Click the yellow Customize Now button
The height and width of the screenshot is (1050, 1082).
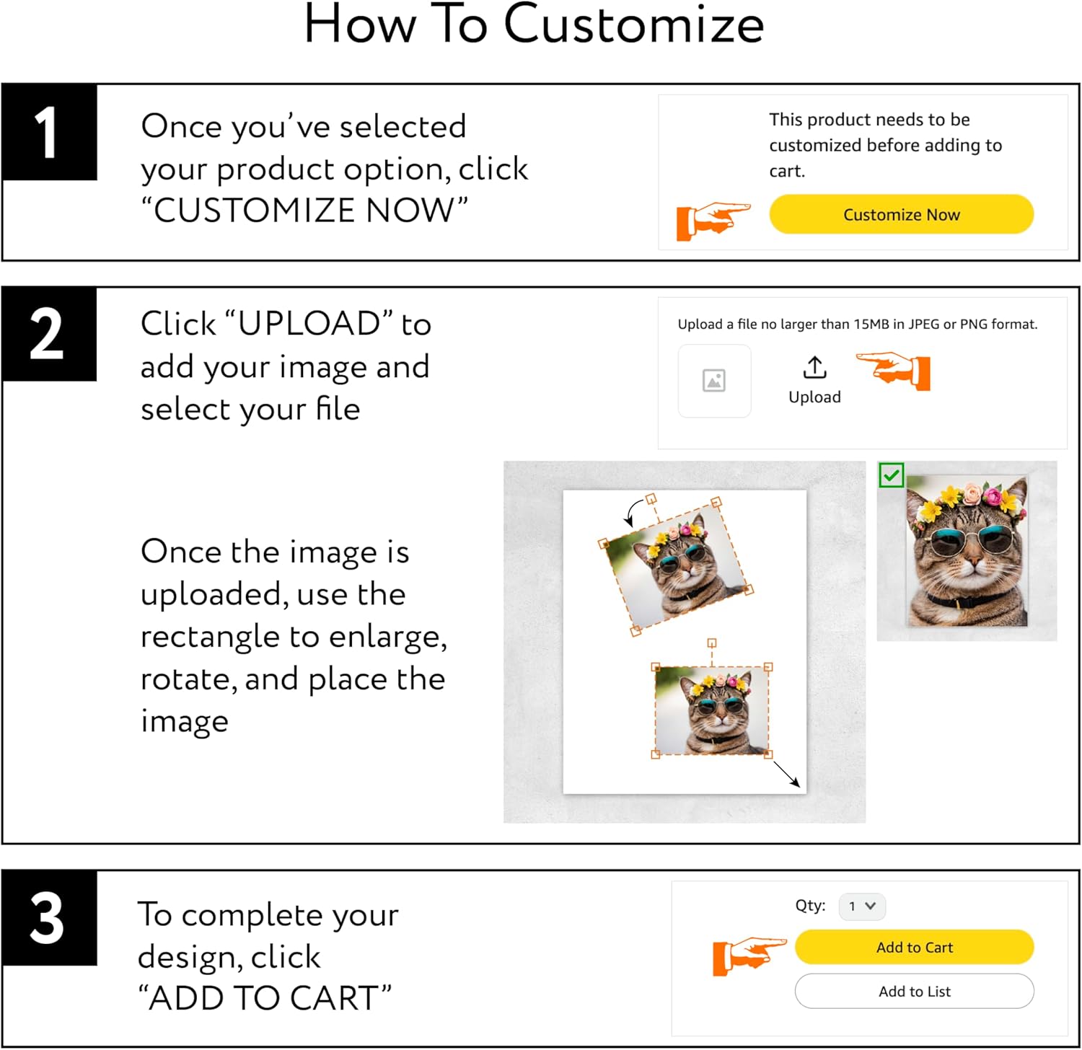(x=902, y=214)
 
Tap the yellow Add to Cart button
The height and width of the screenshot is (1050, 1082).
(x=915, y=947)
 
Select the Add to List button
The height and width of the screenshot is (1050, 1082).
(x=915, y=992)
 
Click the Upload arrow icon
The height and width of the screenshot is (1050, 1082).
(x=815, y=367)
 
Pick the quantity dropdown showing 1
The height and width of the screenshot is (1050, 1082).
(x=862, y=906)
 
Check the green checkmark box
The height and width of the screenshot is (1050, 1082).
(x=892, y=475)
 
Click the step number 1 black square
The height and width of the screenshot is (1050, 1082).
(x=49, y=132)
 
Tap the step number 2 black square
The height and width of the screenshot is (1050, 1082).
(x=49, y=334)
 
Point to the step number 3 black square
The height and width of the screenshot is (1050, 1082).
(x=49, y=918)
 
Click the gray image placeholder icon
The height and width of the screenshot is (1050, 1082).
(x=714, y=380)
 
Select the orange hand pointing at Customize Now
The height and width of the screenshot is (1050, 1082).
(x=713, y=221)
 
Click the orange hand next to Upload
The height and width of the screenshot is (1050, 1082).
(x=894, y=371)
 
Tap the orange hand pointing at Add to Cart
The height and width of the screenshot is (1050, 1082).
(x=749, y=957)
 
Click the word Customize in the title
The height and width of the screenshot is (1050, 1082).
(x=633, y=25)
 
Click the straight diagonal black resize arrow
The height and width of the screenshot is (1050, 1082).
(x=786, y=775)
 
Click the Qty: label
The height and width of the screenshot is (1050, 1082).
(x=811, y=906)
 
